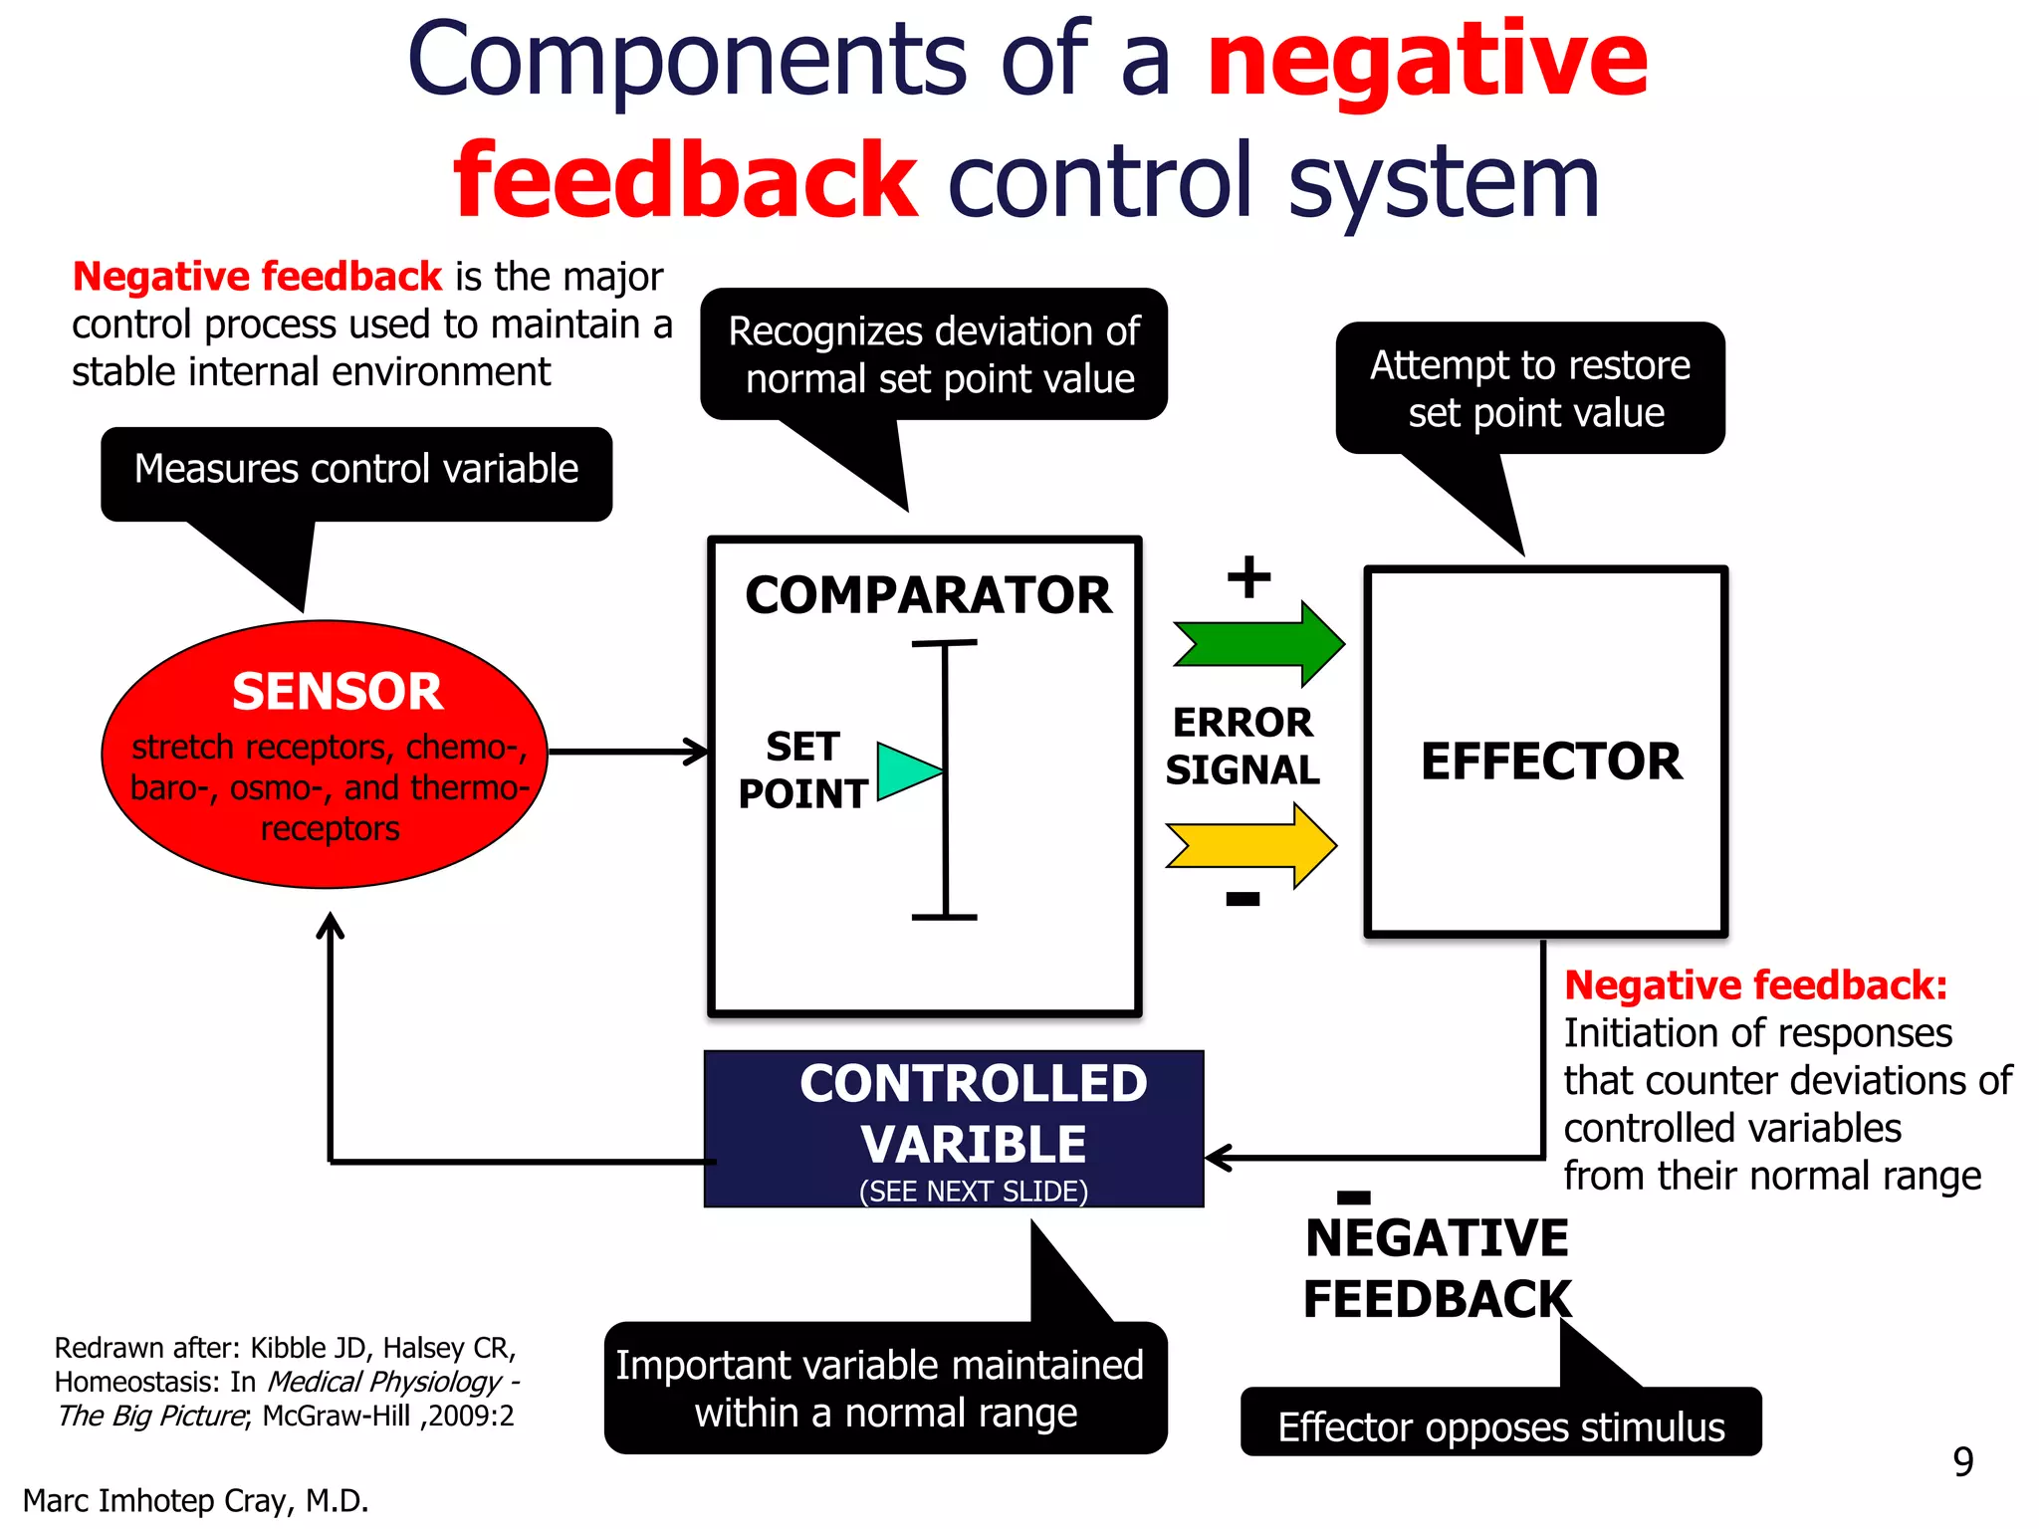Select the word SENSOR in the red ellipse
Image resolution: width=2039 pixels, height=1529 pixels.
tap(337, 692)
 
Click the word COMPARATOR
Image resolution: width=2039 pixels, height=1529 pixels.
tap(928, 595)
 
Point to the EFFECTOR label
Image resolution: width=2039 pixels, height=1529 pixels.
tap(1550, 762)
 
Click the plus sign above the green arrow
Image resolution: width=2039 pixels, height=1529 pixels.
tap(1248, 577)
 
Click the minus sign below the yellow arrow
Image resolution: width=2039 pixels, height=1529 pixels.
tap(1243, 899)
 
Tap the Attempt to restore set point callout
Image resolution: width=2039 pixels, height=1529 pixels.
tap(1530, 388)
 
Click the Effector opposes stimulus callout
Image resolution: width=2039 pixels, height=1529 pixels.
tap(1500, 1426)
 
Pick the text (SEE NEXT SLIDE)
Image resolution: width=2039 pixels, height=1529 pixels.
tap(973, 1192)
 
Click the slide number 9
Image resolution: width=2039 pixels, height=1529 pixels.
tap(1962, 1461)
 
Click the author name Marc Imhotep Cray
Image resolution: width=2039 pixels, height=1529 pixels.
tap(195, 1500)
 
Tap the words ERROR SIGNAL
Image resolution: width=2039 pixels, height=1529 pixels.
tap(1243, 746)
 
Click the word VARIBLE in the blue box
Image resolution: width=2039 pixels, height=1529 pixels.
tap(973, 1144)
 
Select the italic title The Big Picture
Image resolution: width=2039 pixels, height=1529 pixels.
tap(151, 1416)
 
